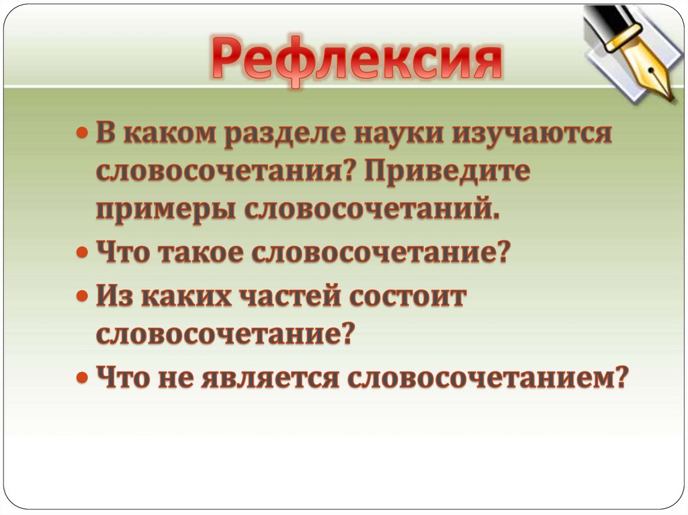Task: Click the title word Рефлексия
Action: (x=357, y=58)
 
